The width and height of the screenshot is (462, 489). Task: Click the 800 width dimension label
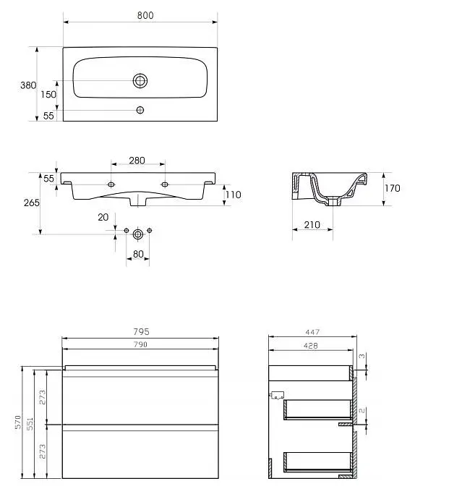coord(145,15)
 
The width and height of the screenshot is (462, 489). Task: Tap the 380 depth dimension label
coord(28,85)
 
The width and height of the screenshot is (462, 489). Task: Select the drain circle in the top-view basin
coord(140,81)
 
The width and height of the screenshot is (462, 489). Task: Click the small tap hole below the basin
coord(140,110)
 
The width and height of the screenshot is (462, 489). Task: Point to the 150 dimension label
coord(48,94)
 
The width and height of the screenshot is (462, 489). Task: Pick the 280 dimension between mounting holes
coord(137,161)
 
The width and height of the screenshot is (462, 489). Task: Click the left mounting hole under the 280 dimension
coord(111,184)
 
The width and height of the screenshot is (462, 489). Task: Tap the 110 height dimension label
coord(234,195)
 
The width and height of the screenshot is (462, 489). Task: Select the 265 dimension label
coord(32,203)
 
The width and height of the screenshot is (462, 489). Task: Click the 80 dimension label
coord(138,254)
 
